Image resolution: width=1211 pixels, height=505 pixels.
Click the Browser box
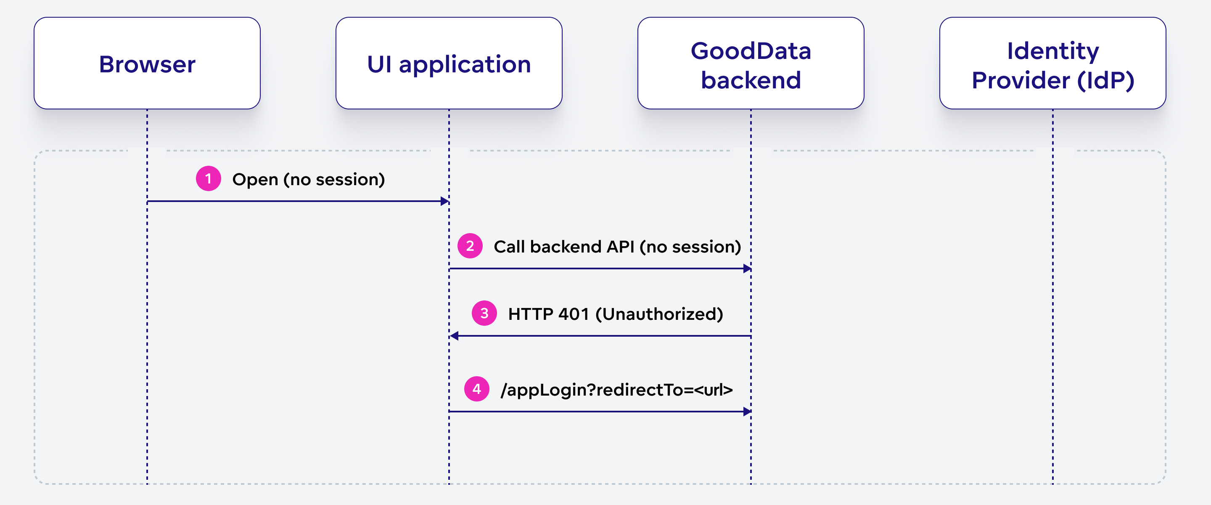click(147, 63)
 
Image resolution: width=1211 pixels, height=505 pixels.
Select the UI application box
click(449, 63)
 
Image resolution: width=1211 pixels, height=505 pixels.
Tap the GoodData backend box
click(751, 63)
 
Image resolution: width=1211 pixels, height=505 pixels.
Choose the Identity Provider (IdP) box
click(1052, 63)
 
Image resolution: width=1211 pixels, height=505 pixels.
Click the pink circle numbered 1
click(208, 178)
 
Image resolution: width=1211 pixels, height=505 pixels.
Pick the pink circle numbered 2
click(470, 246)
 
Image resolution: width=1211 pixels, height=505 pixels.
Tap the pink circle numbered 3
click(484, 313)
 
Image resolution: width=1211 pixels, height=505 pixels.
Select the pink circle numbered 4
click(477, 389)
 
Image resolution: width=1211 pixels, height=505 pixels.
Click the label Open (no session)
click(308, 179)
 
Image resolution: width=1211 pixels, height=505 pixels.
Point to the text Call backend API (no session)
click(617, 247)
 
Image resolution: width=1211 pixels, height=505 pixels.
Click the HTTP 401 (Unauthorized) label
click(615, 314)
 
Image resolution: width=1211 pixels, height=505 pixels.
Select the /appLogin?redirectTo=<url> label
click(616, 390)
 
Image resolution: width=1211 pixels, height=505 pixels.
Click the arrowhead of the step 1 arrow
click(444, 202)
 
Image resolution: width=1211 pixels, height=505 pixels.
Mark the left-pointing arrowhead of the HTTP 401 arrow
click(455, 336)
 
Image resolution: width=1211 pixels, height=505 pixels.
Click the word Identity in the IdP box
click(1052, 50)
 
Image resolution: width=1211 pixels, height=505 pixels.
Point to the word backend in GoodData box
click(751, 80)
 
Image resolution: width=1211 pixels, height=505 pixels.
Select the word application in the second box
click(465, 64)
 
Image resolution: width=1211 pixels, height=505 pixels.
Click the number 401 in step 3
click(574, 314)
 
